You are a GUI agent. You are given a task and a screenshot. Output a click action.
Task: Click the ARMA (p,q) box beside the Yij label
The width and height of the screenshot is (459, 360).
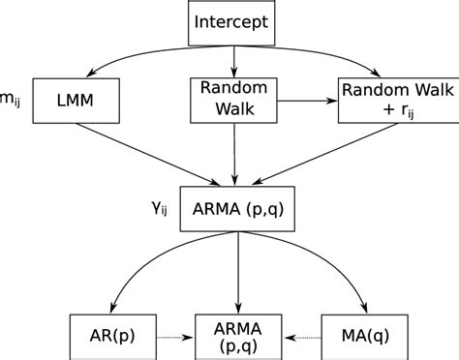pyautogui.click(x=237, y=208)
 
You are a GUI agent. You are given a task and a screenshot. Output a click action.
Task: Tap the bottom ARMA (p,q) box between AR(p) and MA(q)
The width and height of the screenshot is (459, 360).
pyautogui.click(x=237, y=334)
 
